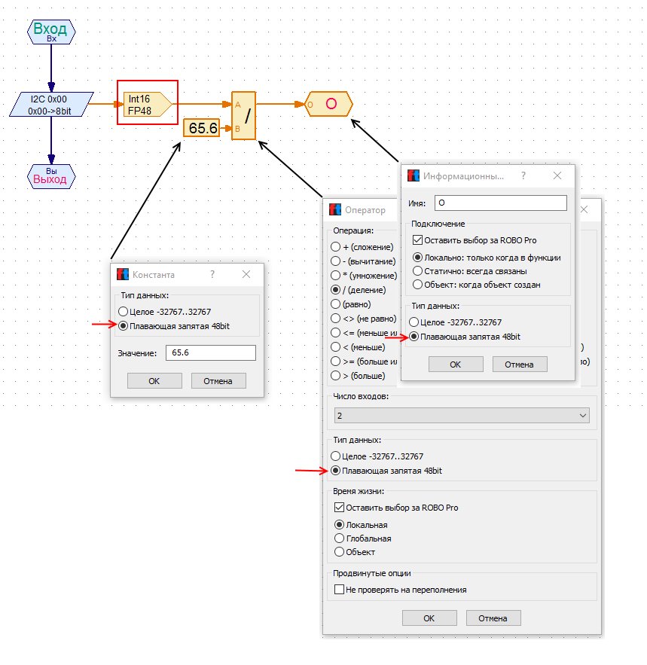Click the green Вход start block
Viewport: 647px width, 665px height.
pyautogui.click(x=51, y=32)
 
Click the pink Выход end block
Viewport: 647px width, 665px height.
pyautogui.click(x=51, y=177)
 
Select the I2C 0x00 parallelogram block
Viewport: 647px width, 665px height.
pyautogui.click(x=51, y=104)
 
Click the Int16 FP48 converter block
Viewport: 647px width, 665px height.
pyautogui.click(x=148, y=104)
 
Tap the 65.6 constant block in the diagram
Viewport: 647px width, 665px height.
pyautogui.click(x=202, y=128)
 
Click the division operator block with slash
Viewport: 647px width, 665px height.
pyautogui.click(x=243, y=116)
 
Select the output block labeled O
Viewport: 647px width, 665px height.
pyautogui.click(x=329, y=104)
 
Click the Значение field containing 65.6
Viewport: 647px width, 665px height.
pyautogui.click(x=210, y=352)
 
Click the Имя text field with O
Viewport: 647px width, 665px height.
pyautogui.click(x=500, y=203)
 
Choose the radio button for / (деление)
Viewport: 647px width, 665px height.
pyautogui.click(x=336, y=290)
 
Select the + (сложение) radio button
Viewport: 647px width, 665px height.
pyautogui.click(x=336, y=247)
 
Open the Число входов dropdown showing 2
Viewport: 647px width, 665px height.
pyautogui.click(x=462, y=416)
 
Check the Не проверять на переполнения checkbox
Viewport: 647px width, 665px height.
pyautogui.click(x=339, y=590)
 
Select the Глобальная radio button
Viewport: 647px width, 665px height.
pyautogui.click(x=339, y=538)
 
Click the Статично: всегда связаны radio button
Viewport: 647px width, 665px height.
pyautogui.click(x=417, y=271)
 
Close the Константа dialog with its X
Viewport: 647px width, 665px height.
pyautogui.click(x=246, y=275)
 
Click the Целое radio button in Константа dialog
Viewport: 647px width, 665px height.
pyautogui.click(x=123, y=312)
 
